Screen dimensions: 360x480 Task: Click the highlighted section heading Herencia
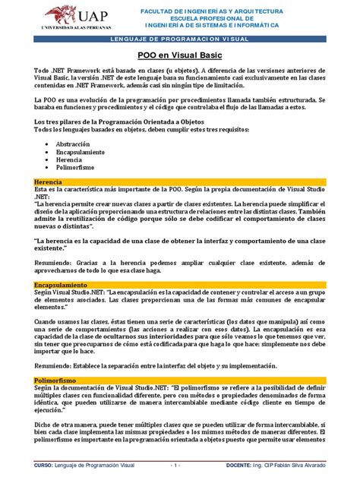49,205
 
